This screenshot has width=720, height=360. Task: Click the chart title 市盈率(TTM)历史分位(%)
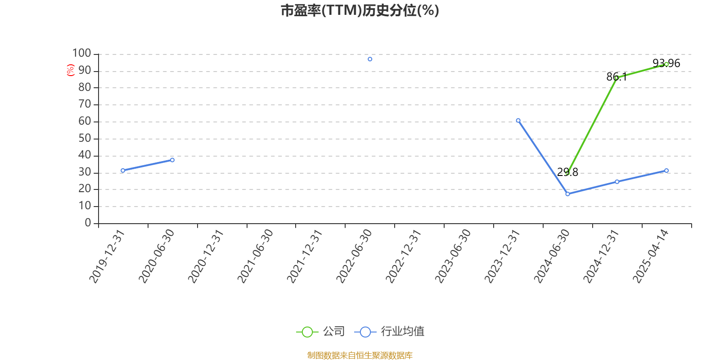click(x=360, y=11)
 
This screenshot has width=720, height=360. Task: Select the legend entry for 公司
click(x=320, y=331)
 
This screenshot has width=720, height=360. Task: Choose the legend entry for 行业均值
click(x=389, y=331)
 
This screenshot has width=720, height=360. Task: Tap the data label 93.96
click(x=666, y=63)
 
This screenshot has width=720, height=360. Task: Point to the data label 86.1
click(x=616, y=77)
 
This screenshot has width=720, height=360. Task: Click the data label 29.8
click(x=567, y=172)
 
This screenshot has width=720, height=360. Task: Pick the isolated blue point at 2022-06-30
click(x=370, y=59)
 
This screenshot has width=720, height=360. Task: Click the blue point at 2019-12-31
click(x=123, y=171)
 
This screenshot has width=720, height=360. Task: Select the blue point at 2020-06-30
click(x=172, y=160)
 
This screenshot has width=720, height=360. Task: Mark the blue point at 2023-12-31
click(x=518, y=121)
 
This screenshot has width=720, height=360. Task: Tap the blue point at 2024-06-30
click(x=567, y=194)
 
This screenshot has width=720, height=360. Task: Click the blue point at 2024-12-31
click(x=617, y=182)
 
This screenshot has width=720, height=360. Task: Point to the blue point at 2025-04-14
click(x=666, y=171)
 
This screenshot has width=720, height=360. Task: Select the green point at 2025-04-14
click(x=666, y=64)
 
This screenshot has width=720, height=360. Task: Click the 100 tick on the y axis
click(x=81, y=54)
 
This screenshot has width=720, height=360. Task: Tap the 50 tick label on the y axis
click(x=85, y=139)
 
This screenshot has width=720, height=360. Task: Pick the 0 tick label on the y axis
click(x=88, y=223)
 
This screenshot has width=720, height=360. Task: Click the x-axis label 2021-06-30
click(x=255, y=256)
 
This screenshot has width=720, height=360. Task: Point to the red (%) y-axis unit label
click(x=70, y=70)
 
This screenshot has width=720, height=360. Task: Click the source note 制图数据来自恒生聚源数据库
click(x=360, y=355)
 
